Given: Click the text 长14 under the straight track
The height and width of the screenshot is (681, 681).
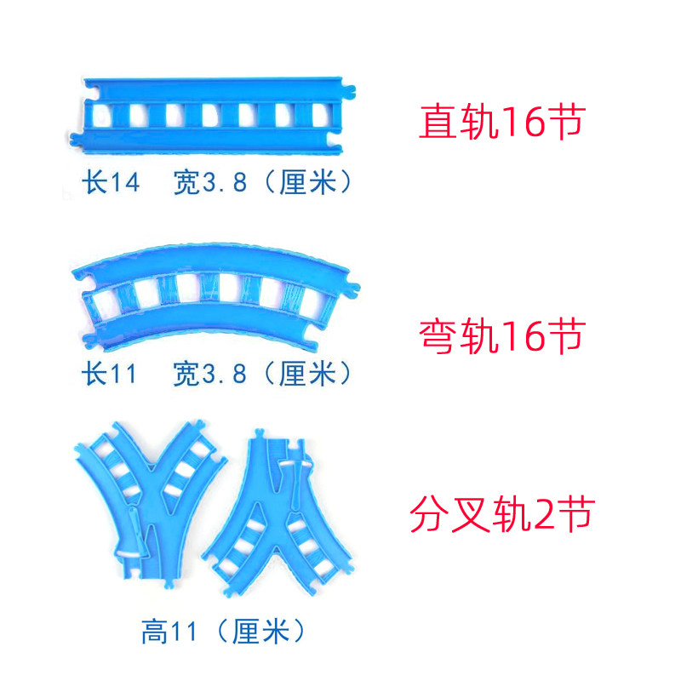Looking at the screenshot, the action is tap(109, 183).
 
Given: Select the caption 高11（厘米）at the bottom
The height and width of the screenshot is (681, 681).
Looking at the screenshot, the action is tap(222, 632).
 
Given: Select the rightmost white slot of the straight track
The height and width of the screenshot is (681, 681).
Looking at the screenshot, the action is tap(319, 114).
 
